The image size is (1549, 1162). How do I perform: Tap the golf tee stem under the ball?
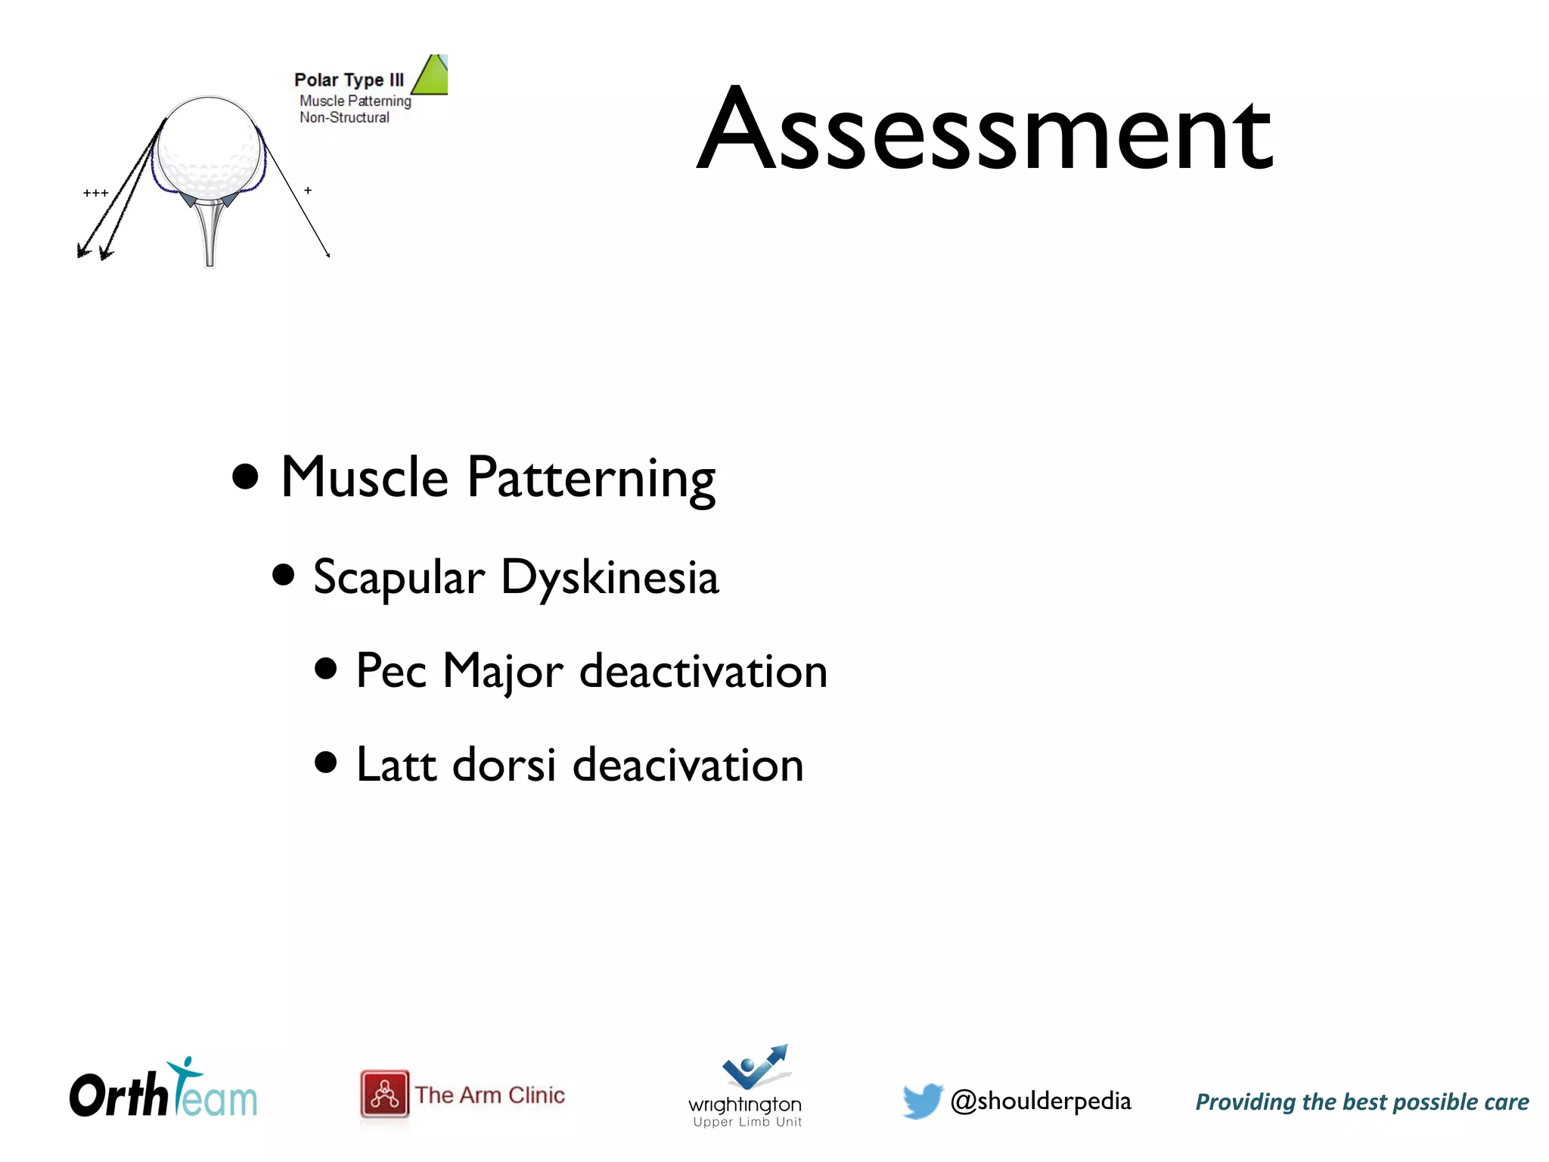click(210, 235)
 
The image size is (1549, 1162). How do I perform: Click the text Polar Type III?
click(349, 80)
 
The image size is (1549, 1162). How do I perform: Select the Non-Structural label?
click(344, 117)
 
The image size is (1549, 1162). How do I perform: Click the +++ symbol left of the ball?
click(95, 194)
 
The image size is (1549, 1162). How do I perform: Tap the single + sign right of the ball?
click(308, 191)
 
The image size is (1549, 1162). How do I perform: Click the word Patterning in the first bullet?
click(591, 478)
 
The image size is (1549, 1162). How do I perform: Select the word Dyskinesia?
click(610, 578)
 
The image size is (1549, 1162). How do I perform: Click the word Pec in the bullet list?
click(391, 671)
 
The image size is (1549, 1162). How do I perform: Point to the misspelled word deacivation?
click(688, 765)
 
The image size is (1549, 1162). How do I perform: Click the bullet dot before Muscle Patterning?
click(245, 477)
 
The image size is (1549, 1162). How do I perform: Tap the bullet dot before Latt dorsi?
click(325, 763)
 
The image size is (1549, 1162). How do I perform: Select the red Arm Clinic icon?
click(384, 1094)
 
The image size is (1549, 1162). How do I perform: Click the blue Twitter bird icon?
click(922, 1100)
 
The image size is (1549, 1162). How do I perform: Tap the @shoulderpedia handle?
click(1040, 1101)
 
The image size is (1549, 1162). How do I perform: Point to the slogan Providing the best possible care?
click(1361, 1102)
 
